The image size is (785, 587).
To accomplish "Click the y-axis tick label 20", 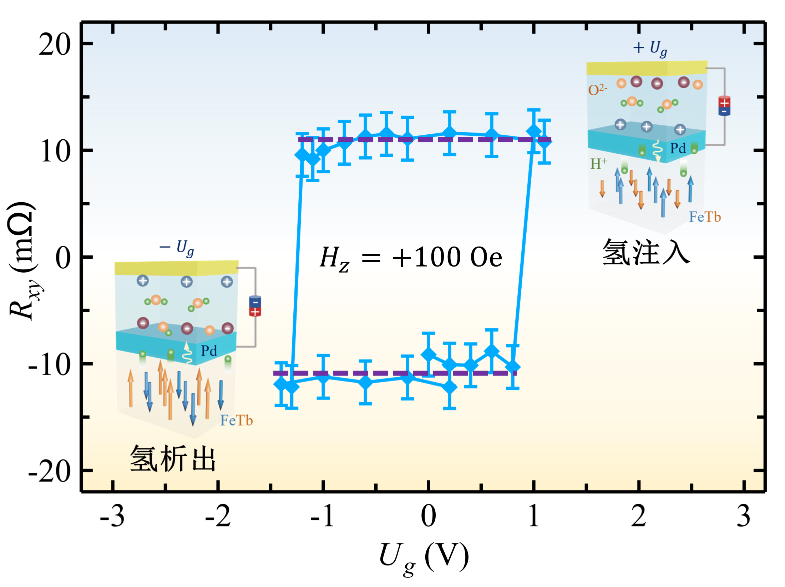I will point(55,45).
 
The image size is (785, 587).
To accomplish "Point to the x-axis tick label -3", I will point(112,517).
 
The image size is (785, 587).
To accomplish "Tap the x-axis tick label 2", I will point(638,517).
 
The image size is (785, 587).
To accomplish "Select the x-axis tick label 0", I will point(428,517).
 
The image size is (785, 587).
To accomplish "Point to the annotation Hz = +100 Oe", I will point(411,258).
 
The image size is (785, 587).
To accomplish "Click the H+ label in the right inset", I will point(598,164).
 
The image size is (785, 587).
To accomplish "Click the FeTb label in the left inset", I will point(236,421).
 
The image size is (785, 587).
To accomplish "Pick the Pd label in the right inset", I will point(678,148).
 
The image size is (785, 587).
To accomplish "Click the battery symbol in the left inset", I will point(255,306).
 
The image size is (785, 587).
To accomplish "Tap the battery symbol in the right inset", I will point(724,106).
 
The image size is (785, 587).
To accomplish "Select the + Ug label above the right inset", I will point(650,48).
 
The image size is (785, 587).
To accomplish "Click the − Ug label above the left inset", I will point(177,247).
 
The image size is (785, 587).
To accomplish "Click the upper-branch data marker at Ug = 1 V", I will point(534,131).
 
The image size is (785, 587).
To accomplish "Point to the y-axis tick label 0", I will point(63,258).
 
